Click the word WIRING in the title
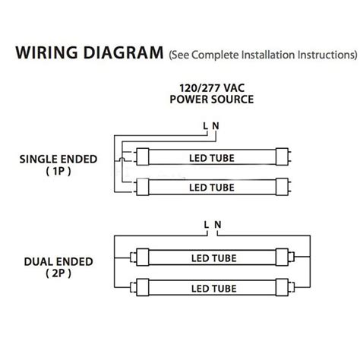click(47, 52)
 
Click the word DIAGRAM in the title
click(124, 52)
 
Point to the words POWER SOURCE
click(212, 99)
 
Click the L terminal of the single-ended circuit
click(205, 126)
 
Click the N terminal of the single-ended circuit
click(216, 126)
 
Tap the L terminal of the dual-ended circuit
click(207, 225)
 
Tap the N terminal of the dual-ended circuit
click(218, 225)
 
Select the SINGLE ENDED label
click(58, 159)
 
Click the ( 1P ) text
click(58, 171)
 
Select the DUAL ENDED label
click(58, 262)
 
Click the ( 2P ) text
click(58, 273)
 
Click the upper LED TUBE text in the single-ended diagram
click(212, 158)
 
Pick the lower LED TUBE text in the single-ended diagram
click(212, 188)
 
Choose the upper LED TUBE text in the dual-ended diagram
click(214, 258)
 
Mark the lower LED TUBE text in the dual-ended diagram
click(214, 289)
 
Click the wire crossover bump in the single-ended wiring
click(122, 159)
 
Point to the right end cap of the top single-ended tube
click(282, 156)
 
